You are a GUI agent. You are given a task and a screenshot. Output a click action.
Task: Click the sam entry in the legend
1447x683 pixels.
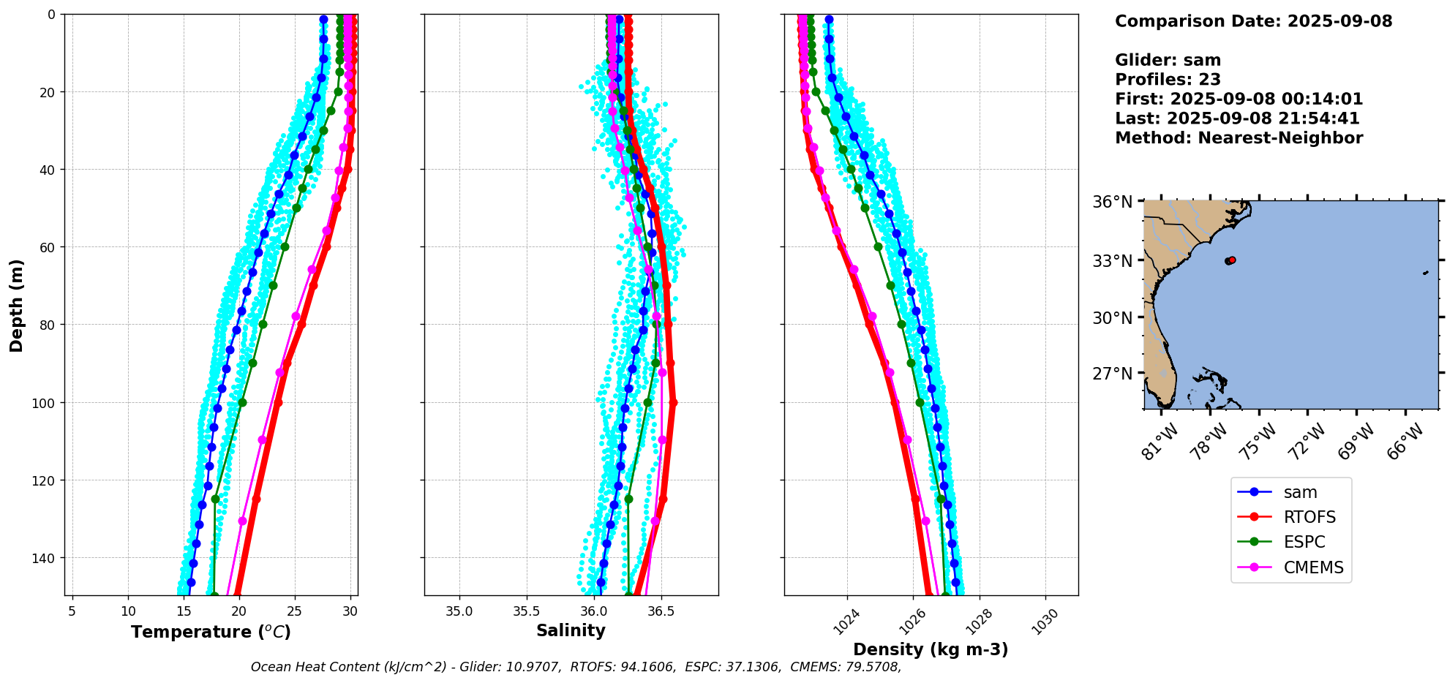(1299, 493)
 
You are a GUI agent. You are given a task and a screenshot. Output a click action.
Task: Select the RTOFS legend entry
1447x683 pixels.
(1309, 518)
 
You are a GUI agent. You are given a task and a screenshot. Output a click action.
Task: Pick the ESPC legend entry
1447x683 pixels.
(1304, 543)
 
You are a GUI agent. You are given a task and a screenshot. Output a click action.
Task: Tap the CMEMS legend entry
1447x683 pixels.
(1312, 567)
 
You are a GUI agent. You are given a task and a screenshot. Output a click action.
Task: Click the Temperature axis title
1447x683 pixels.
(211, 632)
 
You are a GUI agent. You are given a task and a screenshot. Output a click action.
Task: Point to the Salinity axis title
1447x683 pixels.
(571, 630)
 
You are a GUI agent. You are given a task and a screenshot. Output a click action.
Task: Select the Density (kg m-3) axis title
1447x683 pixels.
(931, 649)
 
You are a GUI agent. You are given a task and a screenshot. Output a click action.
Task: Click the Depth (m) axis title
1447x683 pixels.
(16, 305)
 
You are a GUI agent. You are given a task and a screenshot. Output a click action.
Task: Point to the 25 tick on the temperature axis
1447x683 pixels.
(295, 611)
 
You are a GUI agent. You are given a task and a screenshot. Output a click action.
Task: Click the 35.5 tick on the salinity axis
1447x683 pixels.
(526, 611)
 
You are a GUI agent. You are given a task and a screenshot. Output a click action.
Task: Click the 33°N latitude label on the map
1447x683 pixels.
(1112, 261)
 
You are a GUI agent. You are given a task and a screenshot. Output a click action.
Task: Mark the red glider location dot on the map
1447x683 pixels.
(1232, 260)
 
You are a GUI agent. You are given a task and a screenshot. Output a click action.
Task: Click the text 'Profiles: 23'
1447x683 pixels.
(1168, 80)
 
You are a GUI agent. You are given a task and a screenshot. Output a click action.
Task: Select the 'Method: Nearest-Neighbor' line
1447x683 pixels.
(1239, 138)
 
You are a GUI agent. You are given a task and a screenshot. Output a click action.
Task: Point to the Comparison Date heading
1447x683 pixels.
(1253, 21)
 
